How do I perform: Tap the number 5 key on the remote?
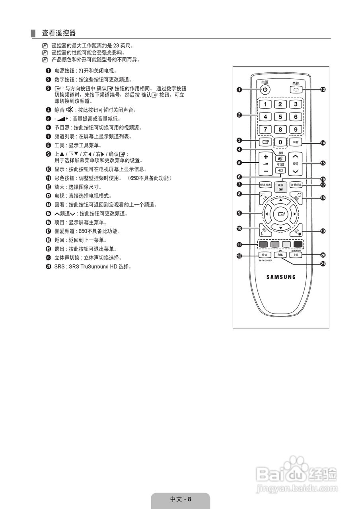(280, 117)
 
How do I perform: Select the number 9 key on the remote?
(296, 129)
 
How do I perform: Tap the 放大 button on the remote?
(265, 255)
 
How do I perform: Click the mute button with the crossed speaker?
(281, 159)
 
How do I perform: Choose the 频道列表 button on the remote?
(265, 185)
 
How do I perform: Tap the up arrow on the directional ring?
(281, 200)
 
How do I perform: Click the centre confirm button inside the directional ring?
(281, 214)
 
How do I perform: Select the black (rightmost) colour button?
(298, 244)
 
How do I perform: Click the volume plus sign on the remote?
(265, 156)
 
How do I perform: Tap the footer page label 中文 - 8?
(181, 499)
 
